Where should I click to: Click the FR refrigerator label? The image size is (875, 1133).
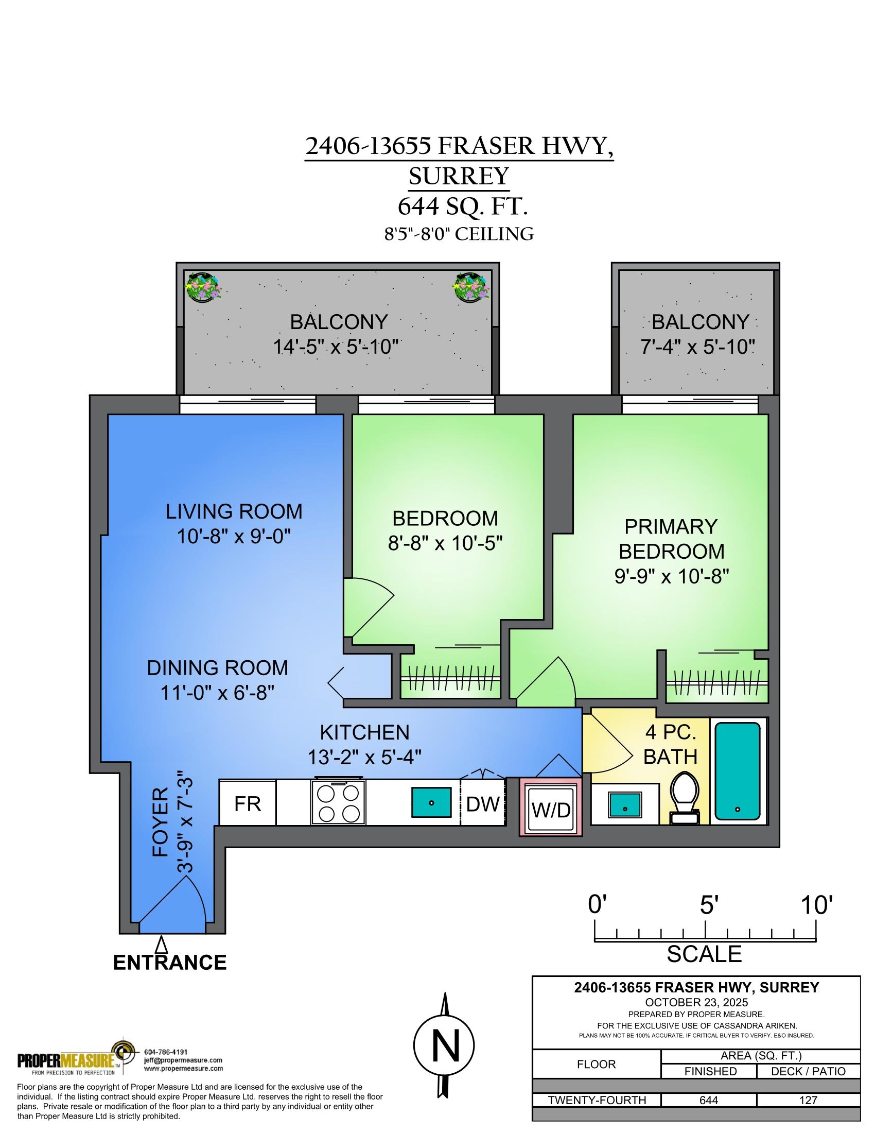tap(247, 804)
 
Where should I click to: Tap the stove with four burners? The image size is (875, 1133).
tap(338, 802)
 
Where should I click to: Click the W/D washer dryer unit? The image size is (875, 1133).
tap(551, 807)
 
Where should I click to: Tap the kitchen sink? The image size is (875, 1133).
tap(431, 802)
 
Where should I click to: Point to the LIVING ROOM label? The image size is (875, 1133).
tap(234, 511)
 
